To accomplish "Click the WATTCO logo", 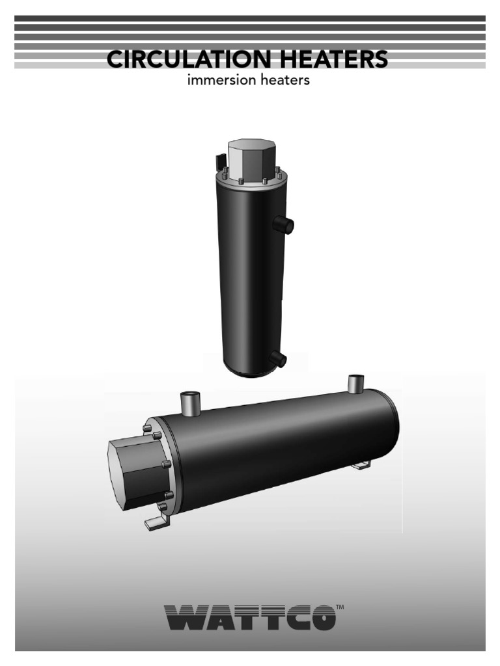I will point(250,617).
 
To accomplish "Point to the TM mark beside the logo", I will point(340,607).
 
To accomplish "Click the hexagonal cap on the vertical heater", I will point(250,157).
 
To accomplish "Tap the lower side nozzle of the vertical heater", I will point(279,358).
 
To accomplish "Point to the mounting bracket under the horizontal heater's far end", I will point(361,464).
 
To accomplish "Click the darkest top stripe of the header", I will point(250,18).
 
